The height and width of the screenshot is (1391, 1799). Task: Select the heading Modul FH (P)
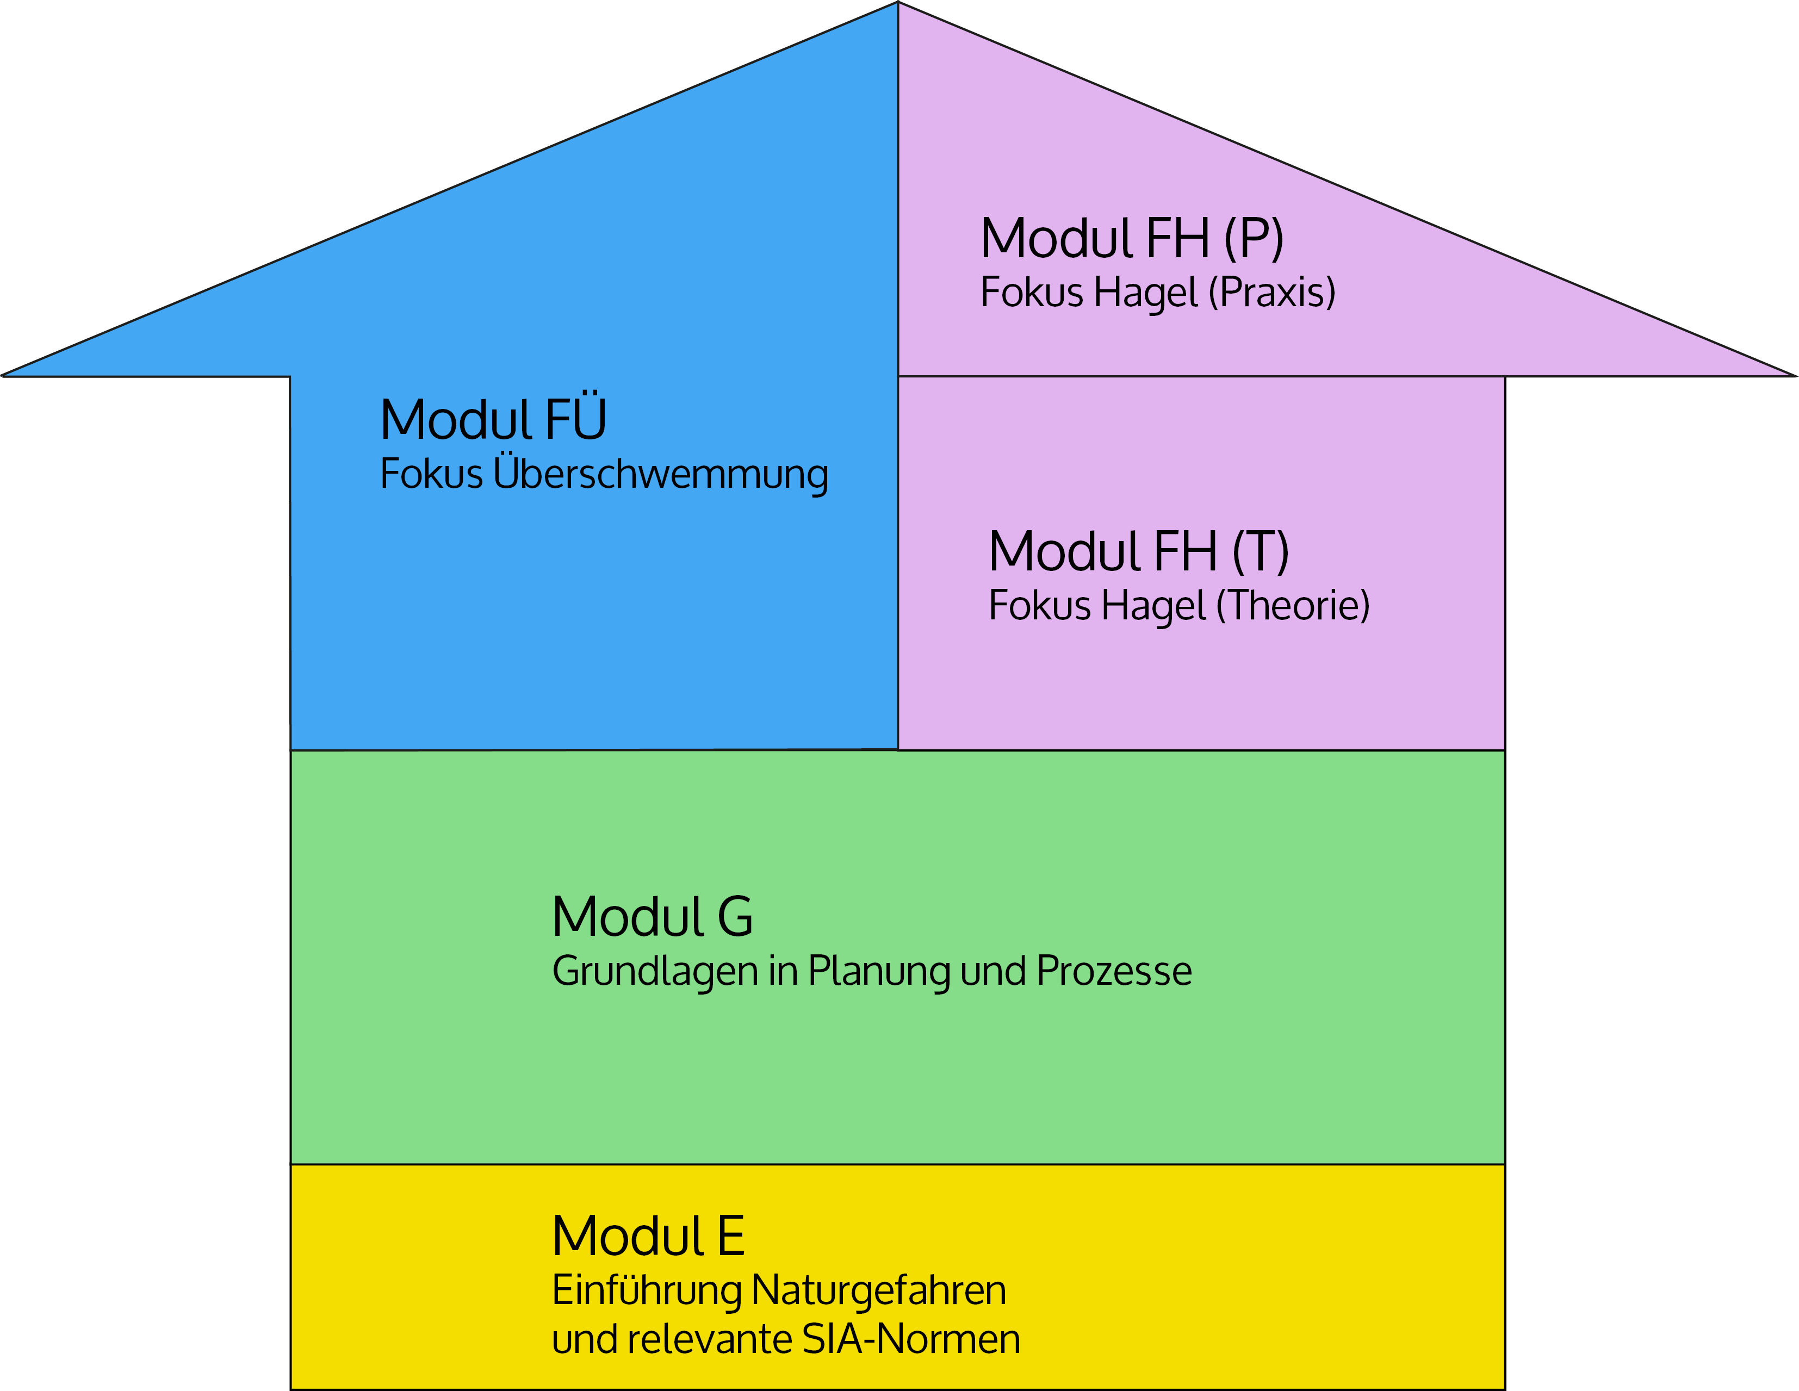[1132, 239]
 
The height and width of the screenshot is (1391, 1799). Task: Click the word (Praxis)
[1272, 293]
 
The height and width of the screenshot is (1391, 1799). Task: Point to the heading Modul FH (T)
[1138, 552]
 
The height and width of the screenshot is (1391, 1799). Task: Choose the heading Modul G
[653, 917]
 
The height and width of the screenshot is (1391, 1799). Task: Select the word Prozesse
[1114, 971]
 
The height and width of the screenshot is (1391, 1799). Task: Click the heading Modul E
[648, 1236]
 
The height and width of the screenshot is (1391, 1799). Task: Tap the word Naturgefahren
[879, 1290]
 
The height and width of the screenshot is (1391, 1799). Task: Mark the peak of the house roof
[898, 3]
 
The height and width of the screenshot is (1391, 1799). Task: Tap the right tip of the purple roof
[1796, 376]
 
